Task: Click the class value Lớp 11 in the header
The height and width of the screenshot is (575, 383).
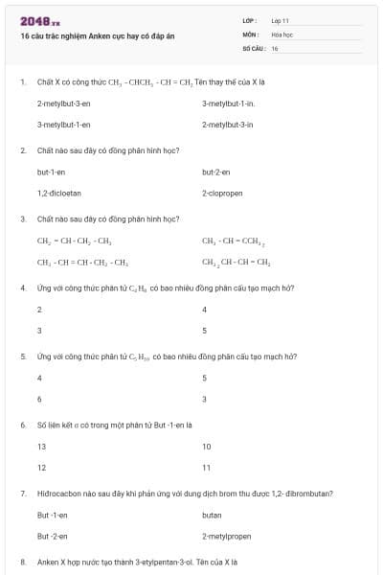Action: coord(280,20)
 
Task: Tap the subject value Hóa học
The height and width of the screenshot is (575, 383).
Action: coord(281,34)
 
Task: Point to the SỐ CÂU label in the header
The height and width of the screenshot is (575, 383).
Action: coord(253,47)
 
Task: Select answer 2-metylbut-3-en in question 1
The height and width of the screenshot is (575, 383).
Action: coord(63,103)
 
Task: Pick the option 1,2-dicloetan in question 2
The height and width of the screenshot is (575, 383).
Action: coord(58,194)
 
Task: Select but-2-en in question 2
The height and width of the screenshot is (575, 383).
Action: coord(216,172)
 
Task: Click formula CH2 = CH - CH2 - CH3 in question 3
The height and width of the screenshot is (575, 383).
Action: coord(74,241)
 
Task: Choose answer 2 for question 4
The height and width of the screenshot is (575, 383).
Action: coord(39,310)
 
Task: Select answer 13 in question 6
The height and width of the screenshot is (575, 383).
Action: coord(41,447)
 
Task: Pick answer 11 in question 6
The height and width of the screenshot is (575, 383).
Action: coord(207,468)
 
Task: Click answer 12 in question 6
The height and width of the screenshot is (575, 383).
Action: coord(41,468)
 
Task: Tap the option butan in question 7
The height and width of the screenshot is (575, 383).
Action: coord(213,515)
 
